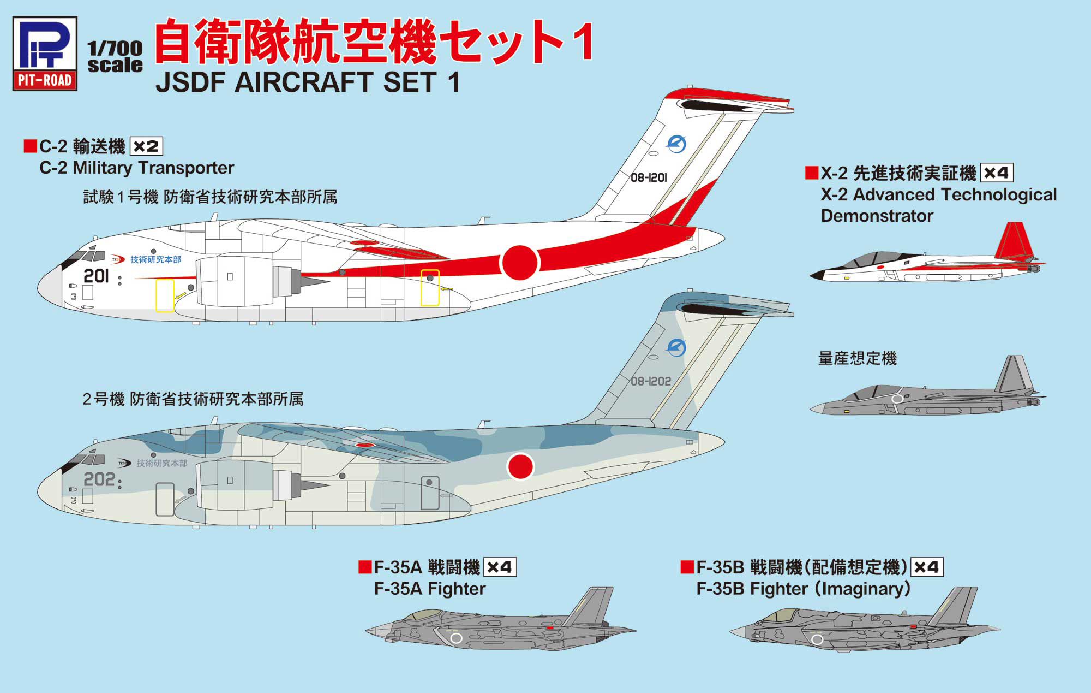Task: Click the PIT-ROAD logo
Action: pyautogui.click(x=45, y=54)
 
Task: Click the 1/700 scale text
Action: pyautogui.click(x=115, y=57)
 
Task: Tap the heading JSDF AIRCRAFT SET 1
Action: pyautogui.click(x=308, y=82)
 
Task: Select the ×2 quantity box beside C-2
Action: pyautogui.click(x=146, y=146)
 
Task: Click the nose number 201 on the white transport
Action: pyautogui.click(x=96, y=276)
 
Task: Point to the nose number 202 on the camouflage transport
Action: pyautogui.click(x=99, y=479)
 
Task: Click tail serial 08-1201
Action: pyautogui.click(x=649, y=177)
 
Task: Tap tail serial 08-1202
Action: pyautogui.click(x=651, y=381)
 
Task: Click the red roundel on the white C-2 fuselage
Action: pyautogui.click(x=520, y=263)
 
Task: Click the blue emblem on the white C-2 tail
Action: pyautogui.click(x=676, y=144)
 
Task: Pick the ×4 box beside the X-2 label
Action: pyautogui.click(x=997, y=173)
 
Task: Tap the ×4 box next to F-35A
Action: pyautogui.click(x=500, y=567)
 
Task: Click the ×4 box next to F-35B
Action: pyautogui.click(x=926, y=567)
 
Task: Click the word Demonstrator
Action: pyautogui.click(x=877, y=216)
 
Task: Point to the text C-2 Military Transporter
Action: pyautogui.click(x=136, y=168)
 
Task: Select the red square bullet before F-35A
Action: pyautogui.click(x=365, y=567)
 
